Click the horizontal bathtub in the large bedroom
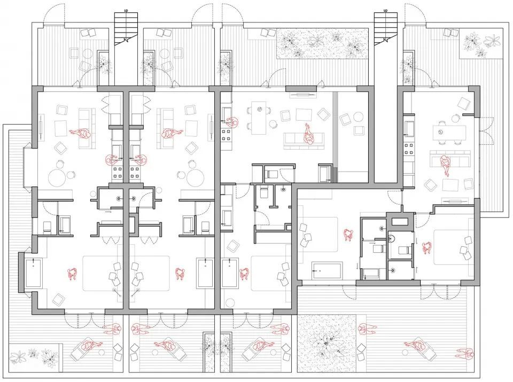click(x=327, y=270)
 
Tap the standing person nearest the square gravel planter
click(x=367, y=329)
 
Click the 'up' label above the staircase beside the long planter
click(x=385, y=11)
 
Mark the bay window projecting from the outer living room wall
click(x=28, y=167)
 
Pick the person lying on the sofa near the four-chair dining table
click(x=308, y=134)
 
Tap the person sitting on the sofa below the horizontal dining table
click(x=445, y=165)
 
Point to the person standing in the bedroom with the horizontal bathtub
click(x=348, y=235)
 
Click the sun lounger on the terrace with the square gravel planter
click(x=418, y=347)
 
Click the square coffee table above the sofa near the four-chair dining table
click(x=304, y=115)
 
